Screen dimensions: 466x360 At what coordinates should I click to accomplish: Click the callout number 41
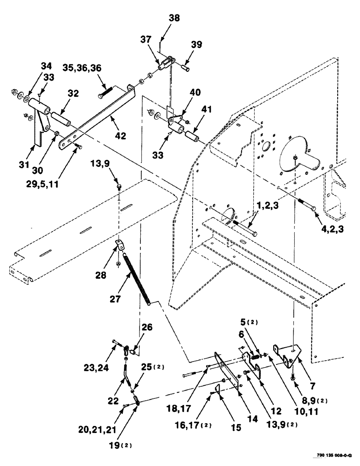tap(206, 110)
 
